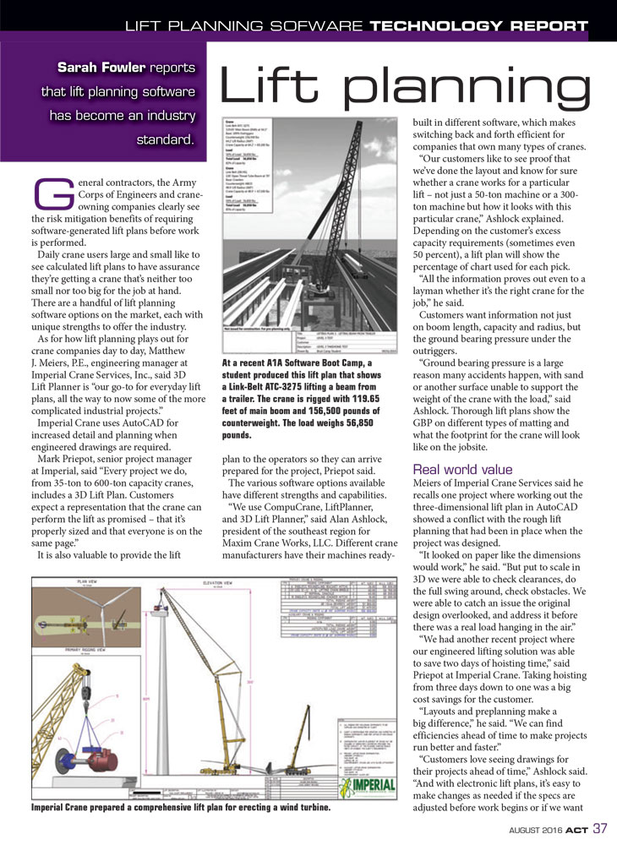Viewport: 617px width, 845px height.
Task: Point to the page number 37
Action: [x=599, y=827]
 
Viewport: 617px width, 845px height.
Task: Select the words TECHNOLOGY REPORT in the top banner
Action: [x=478, y=25]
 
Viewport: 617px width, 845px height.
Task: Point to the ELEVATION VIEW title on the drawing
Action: [x=220, y=582]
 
